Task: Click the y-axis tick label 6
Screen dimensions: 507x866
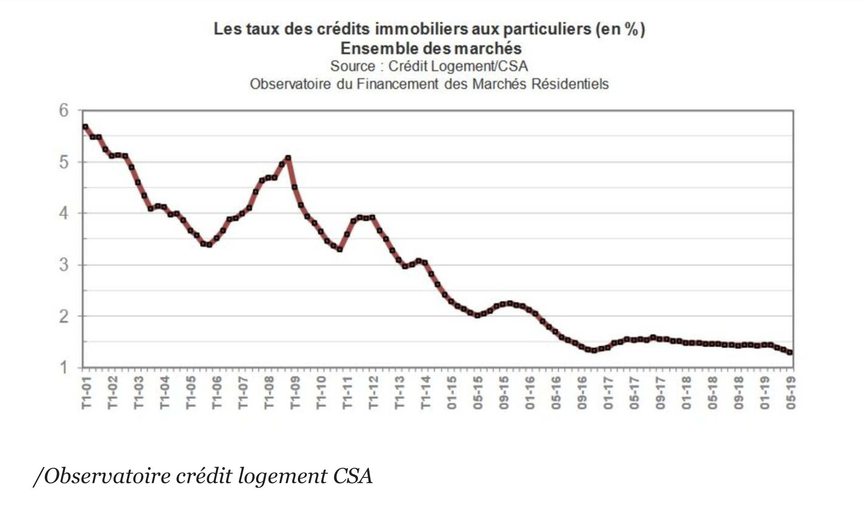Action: click(64, 111)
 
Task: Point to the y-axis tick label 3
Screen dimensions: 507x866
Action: click(64, 265)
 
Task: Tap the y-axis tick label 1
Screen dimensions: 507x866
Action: click(64, 368)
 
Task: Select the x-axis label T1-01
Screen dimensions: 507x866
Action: click(87, 392)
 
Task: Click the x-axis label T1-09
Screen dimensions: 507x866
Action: click(295, 392)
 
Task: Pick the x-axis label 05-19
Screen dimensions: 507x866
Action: click(791, 392)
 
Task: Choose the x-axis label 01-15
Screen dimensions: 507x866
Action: click(452, 392)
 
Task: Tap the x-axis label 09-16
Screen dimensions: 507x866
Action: click(582, 392)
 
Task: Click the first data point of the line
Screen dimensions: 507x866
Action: click(85, 127)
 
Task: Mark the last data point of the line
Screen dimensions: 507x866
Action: click(790, 352)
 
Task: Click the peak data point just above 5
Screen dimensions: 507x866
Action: click(288, 158)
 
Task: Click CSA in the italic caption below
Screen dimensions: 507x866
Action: click(353, 476)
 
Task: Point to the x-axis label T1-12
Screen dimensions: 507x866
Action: click(373, 392)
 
